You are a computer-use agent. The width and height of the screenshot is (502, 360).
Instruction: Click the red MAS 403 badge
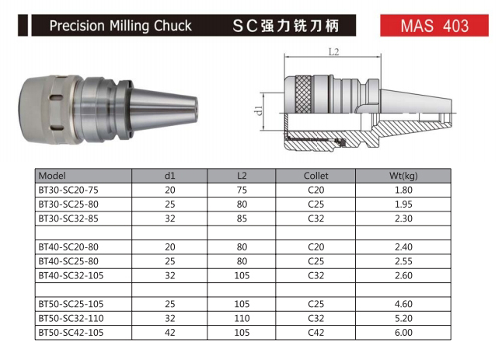434,26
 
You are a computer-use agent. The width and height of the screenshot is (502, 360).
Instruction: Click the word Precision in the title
77,26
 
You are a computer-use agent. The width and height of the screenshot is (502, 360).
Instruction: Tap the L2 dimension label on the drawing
333,52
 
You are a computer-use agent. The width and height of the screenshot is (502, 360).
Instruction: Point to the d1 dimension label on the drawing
259,110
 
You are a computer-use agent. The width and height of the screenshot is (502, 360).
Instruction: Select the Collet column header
315,176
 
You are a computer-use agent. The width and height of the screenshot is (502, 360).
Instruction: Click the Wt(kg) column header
403,176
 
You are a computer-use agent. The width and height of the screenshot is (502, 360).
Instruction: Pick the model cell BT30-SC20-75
68,190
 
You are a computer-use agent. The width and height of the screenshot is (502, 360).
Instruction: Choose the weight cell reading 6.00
403,333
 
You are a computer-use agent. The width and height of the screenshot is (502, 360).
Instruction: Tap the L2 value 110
242,318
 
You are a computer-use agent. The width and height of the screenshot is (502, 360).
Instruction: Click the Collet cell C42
315,333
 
